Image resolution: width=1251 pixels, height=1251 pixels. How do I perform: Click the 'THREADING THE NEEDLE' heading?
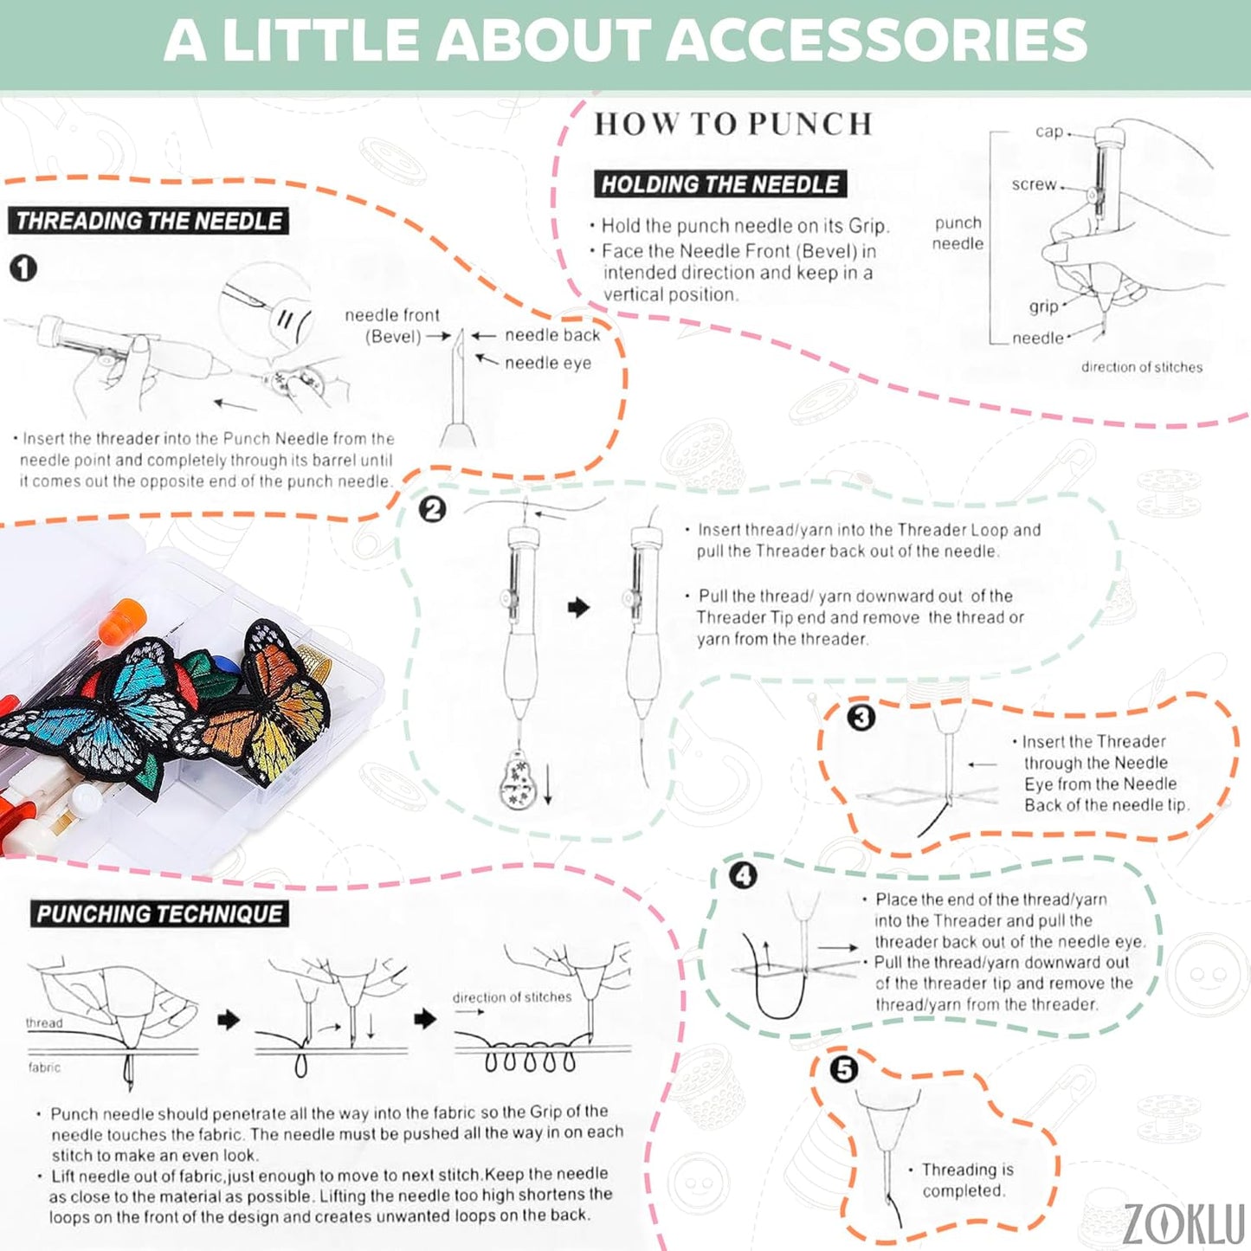[x=149, y=221]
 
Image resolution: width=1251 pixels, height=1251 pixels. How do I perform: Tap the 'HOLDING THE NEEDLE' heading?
[x=719, y=184]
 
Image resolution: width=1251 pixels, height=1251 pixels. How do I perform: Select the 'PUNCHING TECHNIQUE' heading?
[x=159, y=914]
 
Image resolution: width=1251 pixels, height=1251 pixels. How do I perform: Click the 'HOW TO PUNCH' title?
[x=732, y=125]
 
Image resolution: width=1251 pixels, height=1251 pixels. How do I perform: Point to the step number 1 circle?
[x=23, y=268]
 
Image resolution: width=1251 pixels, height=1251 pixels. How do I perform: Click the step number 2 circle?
[x=432, y=509]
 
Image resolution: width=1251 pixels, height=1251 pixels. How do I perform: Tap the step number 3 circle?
[x=861, y=718]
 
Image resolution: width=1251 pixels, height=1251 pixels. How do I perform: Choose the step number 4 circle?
[x=743, y=875]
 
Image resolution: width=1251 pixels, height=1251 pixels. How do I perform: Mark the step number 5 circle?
[x=843, y=1069]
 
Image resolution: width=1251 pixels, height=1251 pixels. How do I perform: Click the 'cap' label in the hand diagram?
[x=1048, y=132]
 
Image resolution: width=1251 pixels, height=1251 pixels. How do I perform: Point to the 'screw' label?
[x=1034, y=184]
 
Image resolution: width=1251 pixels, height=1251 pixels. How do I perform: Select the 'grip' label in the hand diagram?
[x=1043, y=306]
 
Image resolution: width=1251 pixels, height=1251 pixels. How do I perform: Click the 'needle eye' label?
[x=548, y=363]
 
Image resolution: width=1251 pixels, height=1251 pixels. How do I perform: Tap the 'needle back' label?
[x=552, y=335]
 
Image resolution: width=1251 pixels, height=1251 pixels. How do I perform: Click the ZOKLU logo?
[x=1184, y=1222]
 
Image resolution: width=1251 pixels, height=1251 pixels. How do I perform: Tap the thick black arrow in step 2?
[x=578, y=608]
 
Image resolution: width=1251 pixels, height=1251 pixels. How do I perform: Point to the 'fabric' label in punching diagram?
[x=44, y=1067]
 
